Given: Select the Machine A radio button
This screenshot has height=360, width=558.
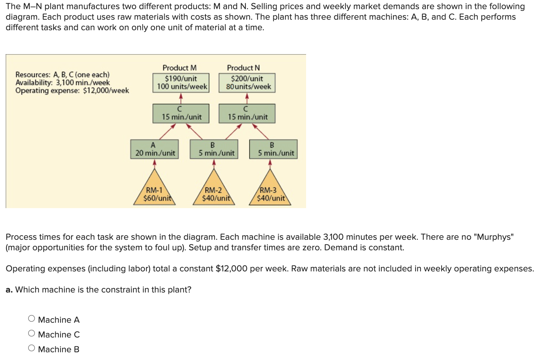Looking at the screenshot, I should tap(32, 319).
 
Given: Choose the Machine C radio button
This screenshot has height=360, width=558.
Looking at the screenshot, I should tap(32, 333).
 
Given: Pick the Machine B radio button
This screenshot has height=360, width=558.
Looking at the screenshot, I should tap(32, 348).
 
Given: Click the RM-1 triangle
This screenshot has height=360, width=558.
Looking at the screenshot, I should tap(154, 192).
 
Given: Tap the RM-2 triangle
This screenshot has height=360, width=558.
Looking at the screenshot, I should tap(214, 192).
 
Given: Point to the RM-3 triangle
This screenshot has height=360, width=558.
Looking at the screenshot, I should tap(270, 192).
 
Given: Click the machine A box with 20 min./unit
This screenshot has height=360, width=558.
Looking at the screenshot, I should tap(154, 149).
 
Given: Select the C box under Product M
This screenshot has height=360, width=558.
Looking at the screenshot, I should tap(181, 114).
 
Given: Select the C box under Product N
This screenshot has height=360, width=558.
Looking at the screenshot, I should tap(247, 114).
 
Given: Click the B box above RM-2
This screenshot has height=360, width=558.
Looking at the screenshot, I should tap(214, 149).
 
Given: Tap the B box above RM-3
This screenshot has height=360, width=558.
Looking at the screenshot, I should tap(273, 149).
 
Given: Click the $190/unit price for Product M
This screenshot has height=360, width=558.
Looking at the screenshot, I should tap(181, 78).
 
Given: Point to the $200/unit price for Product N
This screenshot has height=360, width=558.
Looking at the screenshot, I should tap(247, 78).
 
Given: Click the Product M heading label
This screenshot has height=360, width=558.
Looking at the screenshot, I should tap(179, 67).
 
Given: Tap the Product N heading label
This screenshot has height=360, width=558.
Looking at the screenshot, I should tap(243, 67).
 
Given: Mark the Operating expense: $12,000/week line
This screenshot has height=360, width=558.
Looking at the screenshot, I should tap(72, 91).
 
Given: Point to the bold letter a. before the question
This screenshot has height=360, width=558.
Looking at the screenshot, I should tap(9, 290).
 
